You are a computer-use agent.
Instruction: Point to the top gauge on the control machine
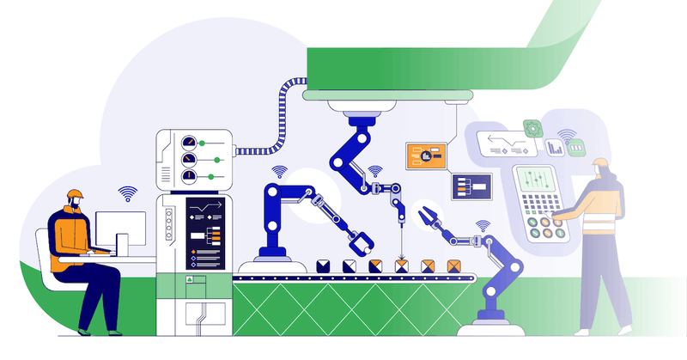(189, 142)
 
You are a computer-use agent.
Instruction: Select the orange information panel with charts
(429, 156)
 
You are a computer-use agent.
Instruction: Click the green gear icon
(533, 128)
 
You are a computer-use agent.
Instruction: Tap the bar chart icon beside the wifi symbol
(554, 149)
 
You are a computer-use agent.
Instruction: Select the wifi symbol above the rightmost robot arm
(483, 226)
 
